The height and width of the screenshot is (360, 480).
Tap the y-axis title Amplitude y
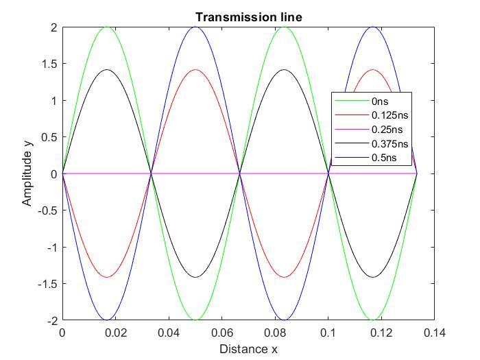(x=27, y=173)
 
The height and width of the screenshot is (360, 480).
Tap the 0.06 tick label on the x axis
(x=195, y=333)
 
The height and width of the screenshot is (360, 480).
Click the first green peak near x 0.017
(x=107, y=27)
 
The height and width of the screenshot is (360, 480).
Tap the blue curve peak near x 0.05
(x=195, y=27)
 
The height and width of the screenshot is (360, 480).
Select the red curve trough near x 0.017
(x=107, y=277)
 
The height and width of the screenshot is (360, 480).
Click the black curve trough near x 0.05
(x=195, y=277)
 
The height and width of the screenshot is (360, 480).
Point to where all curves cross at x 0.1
(x=328, y=173)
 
